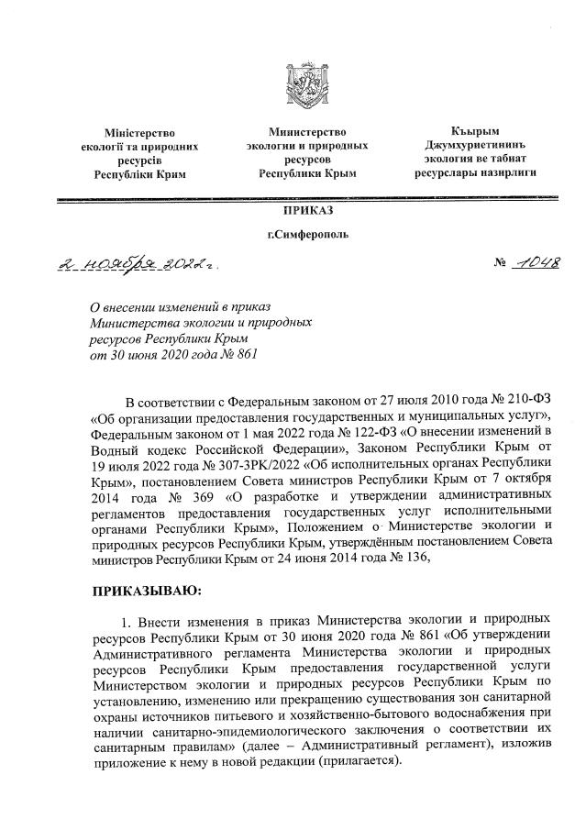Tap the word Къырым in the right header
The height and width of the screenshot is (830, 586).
pyautogui.click(x=475, y=132)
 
